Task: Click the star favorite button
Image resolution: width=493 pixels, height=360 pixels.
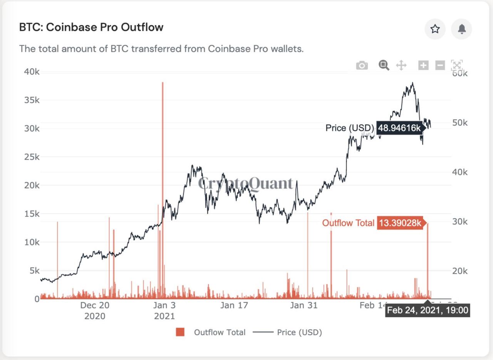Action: [435, 29]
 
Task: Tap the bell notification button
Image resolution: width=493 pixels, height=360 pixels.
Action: [461, 29]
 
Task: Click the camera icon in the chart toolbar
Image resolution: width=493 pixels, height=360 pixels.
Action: [362, 66]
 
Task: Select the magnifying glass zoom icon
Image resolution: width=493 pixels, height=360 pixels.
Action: [384, 65]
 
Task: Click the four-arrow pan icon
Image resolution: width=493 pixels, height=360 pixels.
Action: [401, 65]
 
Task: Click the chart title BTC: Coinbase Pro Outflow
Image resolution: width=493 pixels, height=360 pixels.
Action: [91, 27]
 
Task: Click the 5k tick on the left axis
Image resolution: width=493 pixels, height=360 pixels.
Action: [32, 271]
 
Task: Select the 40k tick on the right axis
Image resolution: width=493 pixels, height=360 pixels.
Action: [460, 172]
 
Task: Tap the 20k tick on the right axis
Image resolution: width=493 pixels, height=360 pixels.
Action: [460, 271]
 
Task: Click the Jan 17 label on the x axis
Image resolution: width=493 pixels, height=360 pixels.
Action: [234, 306]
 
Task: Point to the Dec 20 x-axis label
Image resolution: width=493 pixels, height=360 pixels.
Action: [95, 306]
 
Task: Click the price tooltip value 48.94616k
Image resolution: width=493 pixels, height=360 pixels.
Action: [399, 128]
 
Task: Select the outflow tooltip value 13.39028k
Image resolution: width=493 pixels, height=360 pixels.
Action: [400, 223]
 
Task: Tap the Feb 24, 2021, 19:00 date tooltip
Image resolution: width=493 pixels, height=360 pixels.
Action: [428, 310]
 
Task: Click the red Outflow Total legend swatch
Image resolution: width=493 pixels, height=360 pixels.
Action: [180, 332]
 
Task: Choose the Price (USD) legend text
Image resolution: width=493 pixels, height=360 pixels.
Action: [299, 332]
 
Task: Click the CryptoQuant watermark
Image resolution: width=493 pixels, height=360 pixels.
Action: [246, 184]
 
